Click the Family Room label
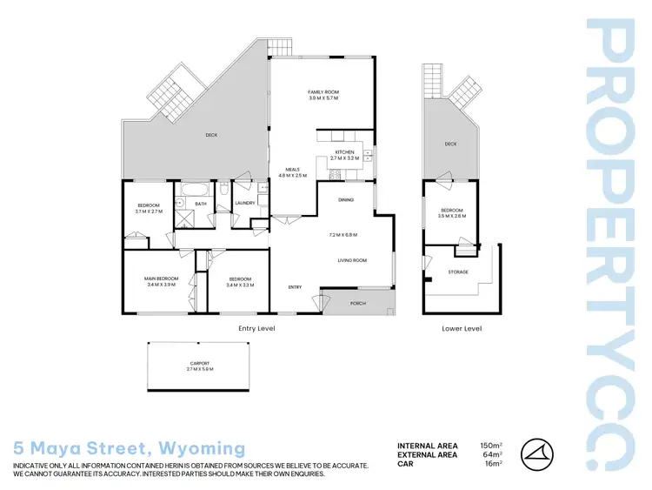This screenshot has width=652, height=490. tap(323, 92)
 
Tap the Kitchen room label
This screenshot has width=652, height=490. tap(345, 153)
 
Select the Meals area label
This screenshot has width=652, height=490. tap(293, 171)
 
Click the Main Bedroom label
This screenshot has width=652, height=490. tap(161, 279)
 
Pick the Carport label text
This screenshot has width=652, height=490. tap(200, 364)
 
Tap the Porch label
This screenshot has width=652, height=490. tap(357, 304)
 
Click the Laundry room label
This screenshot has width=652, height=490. tap(244, 203)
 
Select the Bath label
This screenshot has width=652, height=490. tap(200, 204)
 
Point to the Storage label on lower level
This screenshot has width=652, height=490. tap(458, 272)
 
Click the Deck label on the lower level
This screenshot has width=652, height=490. tap(450, 144)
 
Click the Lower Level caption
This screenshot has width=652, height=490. tap(460, 328)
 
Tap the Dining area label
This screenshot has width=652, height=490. tap(345, 200)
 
